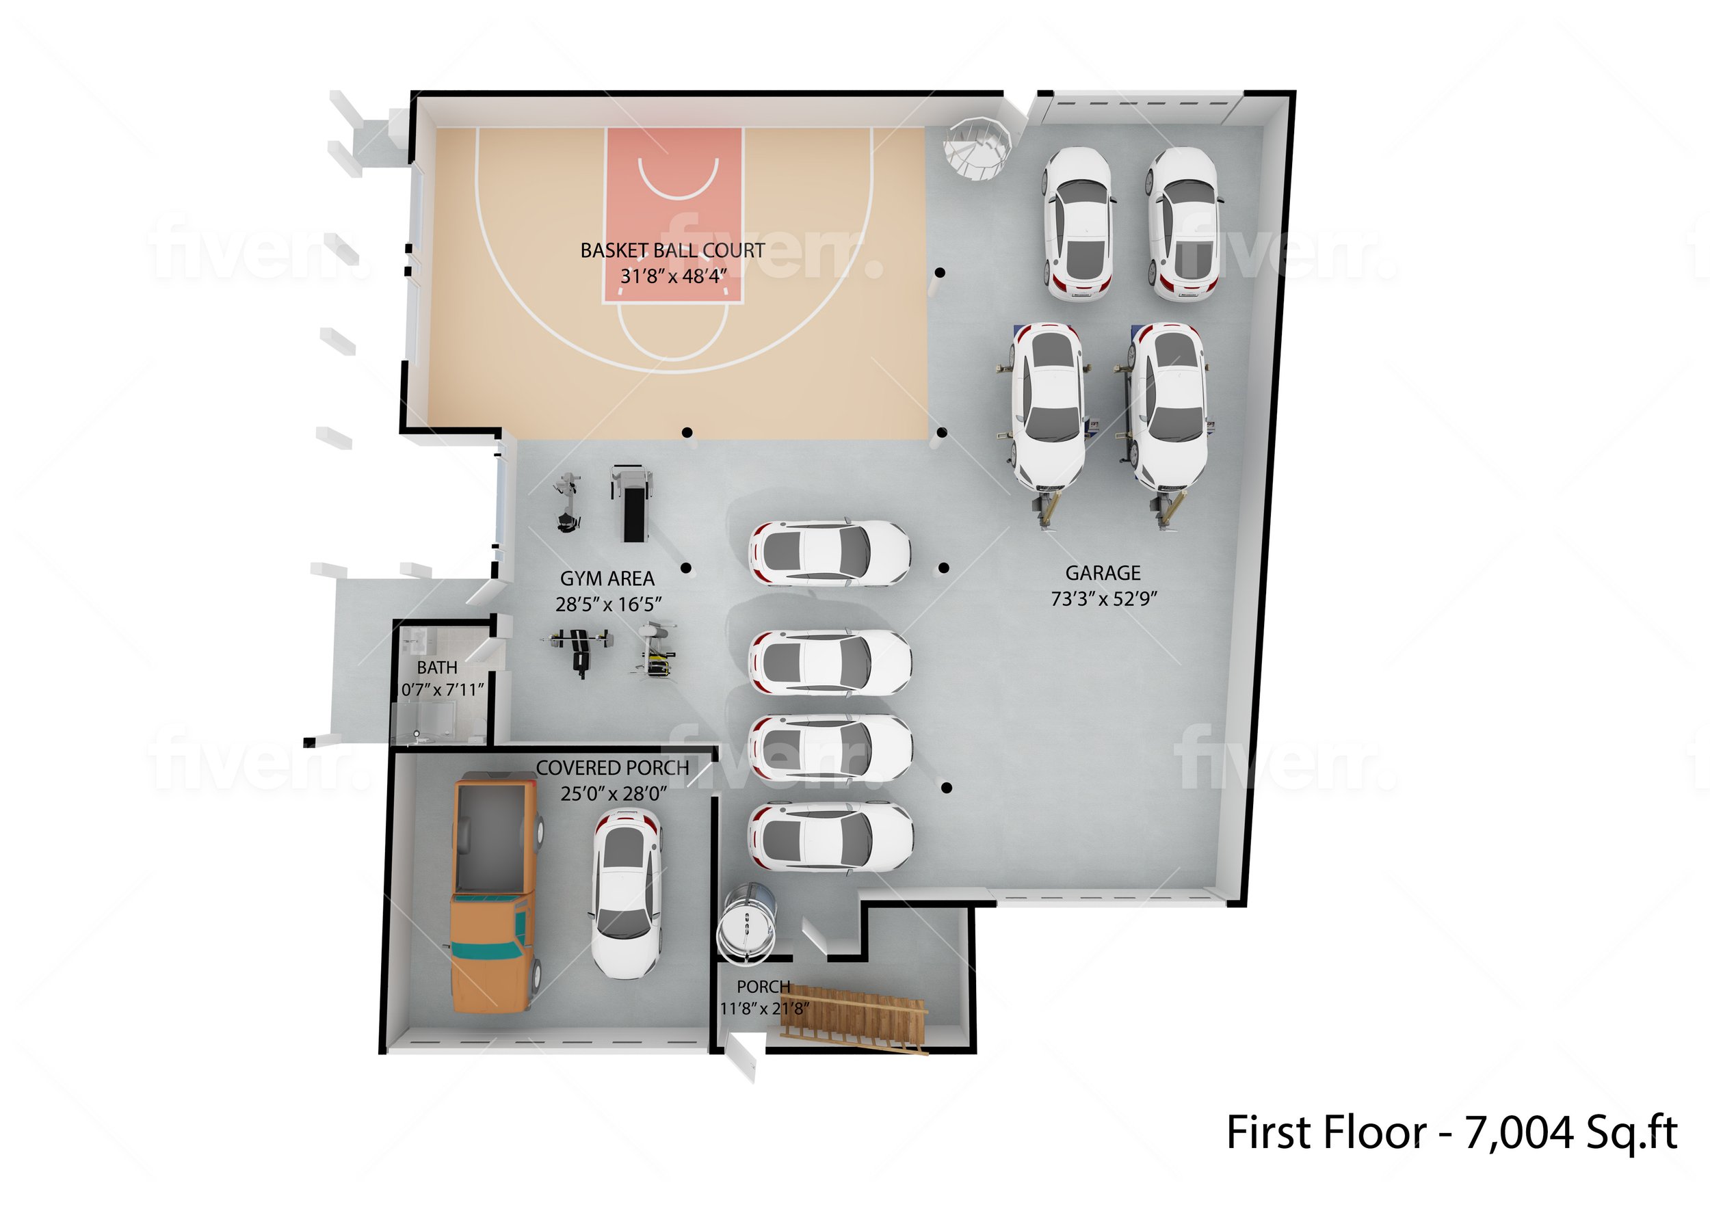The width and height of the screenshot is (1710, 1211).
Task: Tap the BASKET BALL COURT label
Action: tap(672, 250)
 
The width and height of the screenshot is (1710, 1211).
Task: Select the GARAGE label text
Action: tap(1102, 574)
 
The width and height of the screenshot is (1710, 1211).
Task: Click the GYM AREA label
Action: tap(607, 578)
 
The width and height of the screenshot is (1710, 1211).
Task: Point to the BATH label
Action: tap(437, 667)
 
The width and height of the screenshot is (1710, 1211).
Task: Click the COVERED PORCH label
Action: tap(612, 768)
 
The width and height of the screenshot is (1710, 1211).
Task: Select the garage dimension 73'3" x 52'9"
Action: tap(1104, 599)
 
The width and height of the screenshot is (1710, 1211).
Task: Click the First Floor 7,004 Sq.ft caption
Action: tap(1451, 1132)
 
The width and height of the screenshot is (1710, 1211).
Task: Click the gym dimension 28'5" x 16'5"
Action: tap(608, 604)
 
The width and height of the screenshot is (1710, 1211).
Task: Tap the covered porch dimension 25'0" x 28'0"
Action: tap(613, 793)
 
